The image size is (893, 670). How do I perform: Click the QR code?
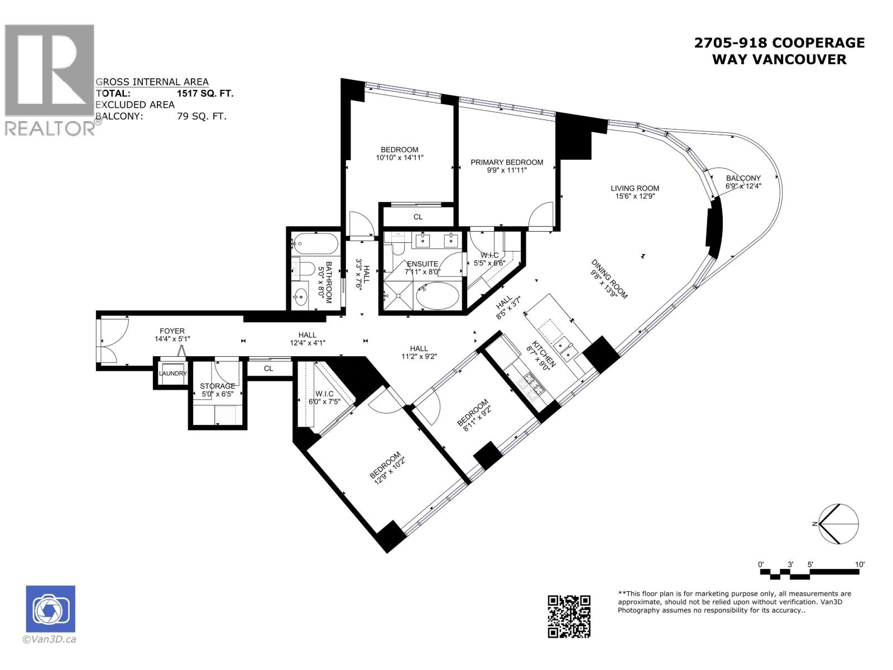point(569,616)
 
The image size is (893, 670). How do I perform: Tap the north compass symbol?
point(838,524)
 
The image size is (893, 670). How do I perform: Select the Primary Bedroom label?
point(506,162)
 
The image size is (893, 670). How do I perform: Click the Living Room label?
point(635,188)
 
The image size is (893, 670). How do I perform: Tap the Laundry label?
point(172,374)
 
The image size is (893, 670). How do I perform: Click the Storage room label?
point(217,386)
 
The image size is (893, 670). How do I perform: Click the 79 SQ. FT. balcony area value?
point(201,117)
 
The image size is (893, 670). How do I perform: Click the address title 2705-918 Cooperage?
point(779,43)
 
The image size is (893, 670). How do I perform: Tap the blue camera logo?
point(50,609)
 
